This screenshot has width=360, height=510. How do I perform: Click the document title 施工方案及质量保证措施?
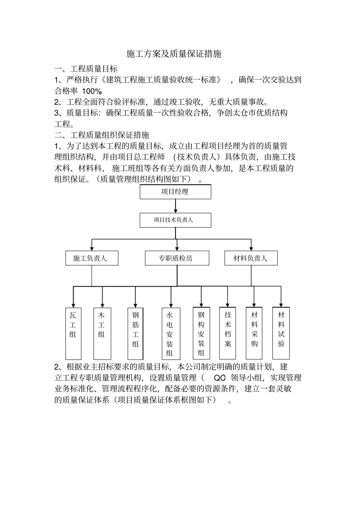pos(174,54)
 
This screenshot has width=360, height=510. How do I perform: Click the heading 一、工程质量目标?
pos(86,69)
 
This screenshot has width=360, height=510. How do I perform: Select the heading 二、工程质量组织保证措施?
pos(102,135)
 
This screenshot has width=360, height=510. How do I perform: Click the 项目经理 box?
pos(175,192)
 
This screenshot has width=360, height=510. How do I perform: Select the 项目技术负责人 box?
pos(175,220)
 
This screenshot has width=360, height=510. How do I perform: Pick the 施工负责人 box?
pos(91,258)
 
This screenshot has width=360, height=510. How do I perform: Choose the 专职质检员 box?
pos(177,258)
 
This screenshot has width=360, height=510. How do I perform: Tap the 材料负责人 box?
pos(250,258)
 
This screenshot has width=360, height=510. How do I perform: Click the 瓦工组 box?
pos(73,333)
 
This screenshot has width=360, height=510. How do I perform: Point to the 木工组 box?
pos(102,333)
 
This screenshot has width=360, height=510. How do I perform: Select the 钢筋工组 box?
pos(135,333)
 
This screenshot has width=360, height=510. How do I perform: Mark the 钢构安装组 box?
pos(201,333)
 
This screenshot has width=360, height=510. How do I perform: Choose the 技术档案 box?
pos(227,333)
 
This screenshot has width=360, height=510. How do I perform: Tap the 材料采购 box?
pos(254,333)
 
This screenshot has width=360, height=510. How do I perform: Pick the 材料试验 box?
pos(281,333)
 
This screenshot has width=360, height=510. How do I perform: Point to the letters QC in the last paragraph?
pos(220,378)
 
